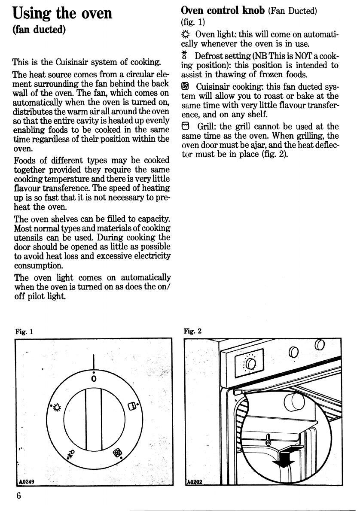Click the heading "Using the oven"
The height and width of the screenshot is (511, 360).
(x=62, y=13)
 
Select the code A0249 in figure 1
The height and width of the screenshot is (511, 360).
(x=27, y=481)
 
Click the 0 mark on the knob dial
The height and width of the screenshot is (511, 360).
(x=93, y=378)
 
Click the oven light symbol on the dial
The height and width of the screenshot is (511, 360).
(x=56, y=405)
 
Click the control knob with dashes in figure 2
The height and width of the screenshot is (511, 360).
(x=251, y=365)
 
